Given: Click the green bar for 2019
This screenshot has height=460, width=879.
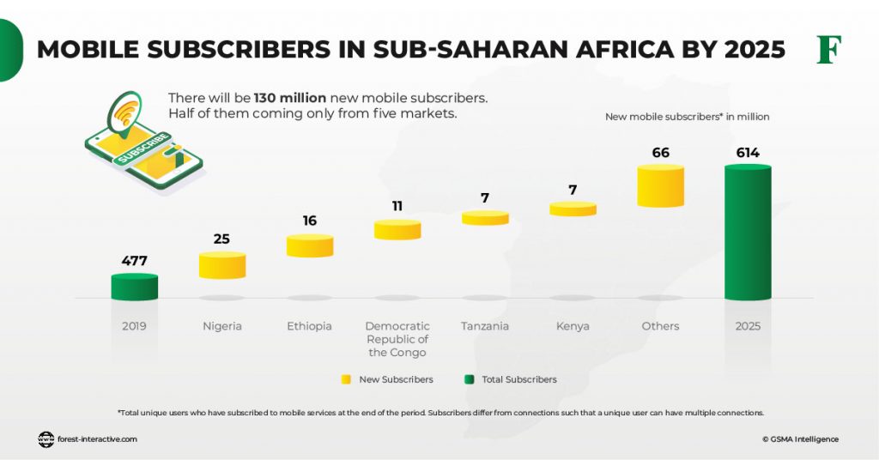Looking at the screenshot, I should point(135,287).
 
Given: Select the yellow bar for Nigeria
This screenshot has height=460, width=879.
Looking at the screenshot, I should point(222,265).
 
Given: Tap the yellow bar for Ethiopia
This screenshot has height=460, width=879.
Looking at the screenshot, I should point(310,245).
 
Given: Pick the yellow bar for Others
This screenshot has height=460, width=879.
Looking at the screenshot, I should point(660,186).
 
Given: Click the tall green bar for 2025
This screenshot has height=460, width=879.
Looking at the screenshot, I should point(748,233).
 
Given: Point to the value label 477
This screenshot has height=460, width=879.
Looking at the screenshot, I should point(135,261).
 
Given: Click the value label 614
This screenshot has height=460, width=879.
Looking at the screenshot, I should point(748,153).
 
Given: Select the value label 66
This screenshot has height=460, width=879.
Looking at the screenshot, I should point(660,153).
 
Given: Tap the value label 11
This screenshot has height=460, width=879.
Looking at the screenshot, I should point(397,206).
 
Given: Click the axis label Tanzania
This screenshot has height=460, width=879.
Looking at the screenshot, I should point(485,326).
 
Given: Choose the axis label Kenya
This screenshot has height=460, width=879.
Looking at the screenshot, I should point(573,326).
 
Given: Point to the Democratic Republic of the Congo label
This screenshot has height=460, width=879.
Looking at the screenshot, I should point(397,339).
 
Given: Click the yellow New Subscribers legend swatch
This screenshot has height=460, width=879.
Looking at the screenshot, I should point(346,379).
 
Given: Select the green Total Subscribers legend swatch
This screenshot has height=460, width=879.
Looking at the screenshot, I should point(469,379).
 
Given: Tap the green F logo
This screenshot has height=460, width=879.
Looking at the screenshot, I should point(828,50).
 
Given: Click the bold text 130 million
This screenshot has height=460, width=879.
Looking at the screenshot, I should point(290,98).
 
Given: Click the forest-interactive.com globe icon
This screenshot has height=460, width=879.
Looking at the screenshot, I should point(45,439).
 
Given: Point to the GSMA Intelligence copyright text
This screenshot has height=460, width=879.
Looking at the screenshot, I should point(800,439).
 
